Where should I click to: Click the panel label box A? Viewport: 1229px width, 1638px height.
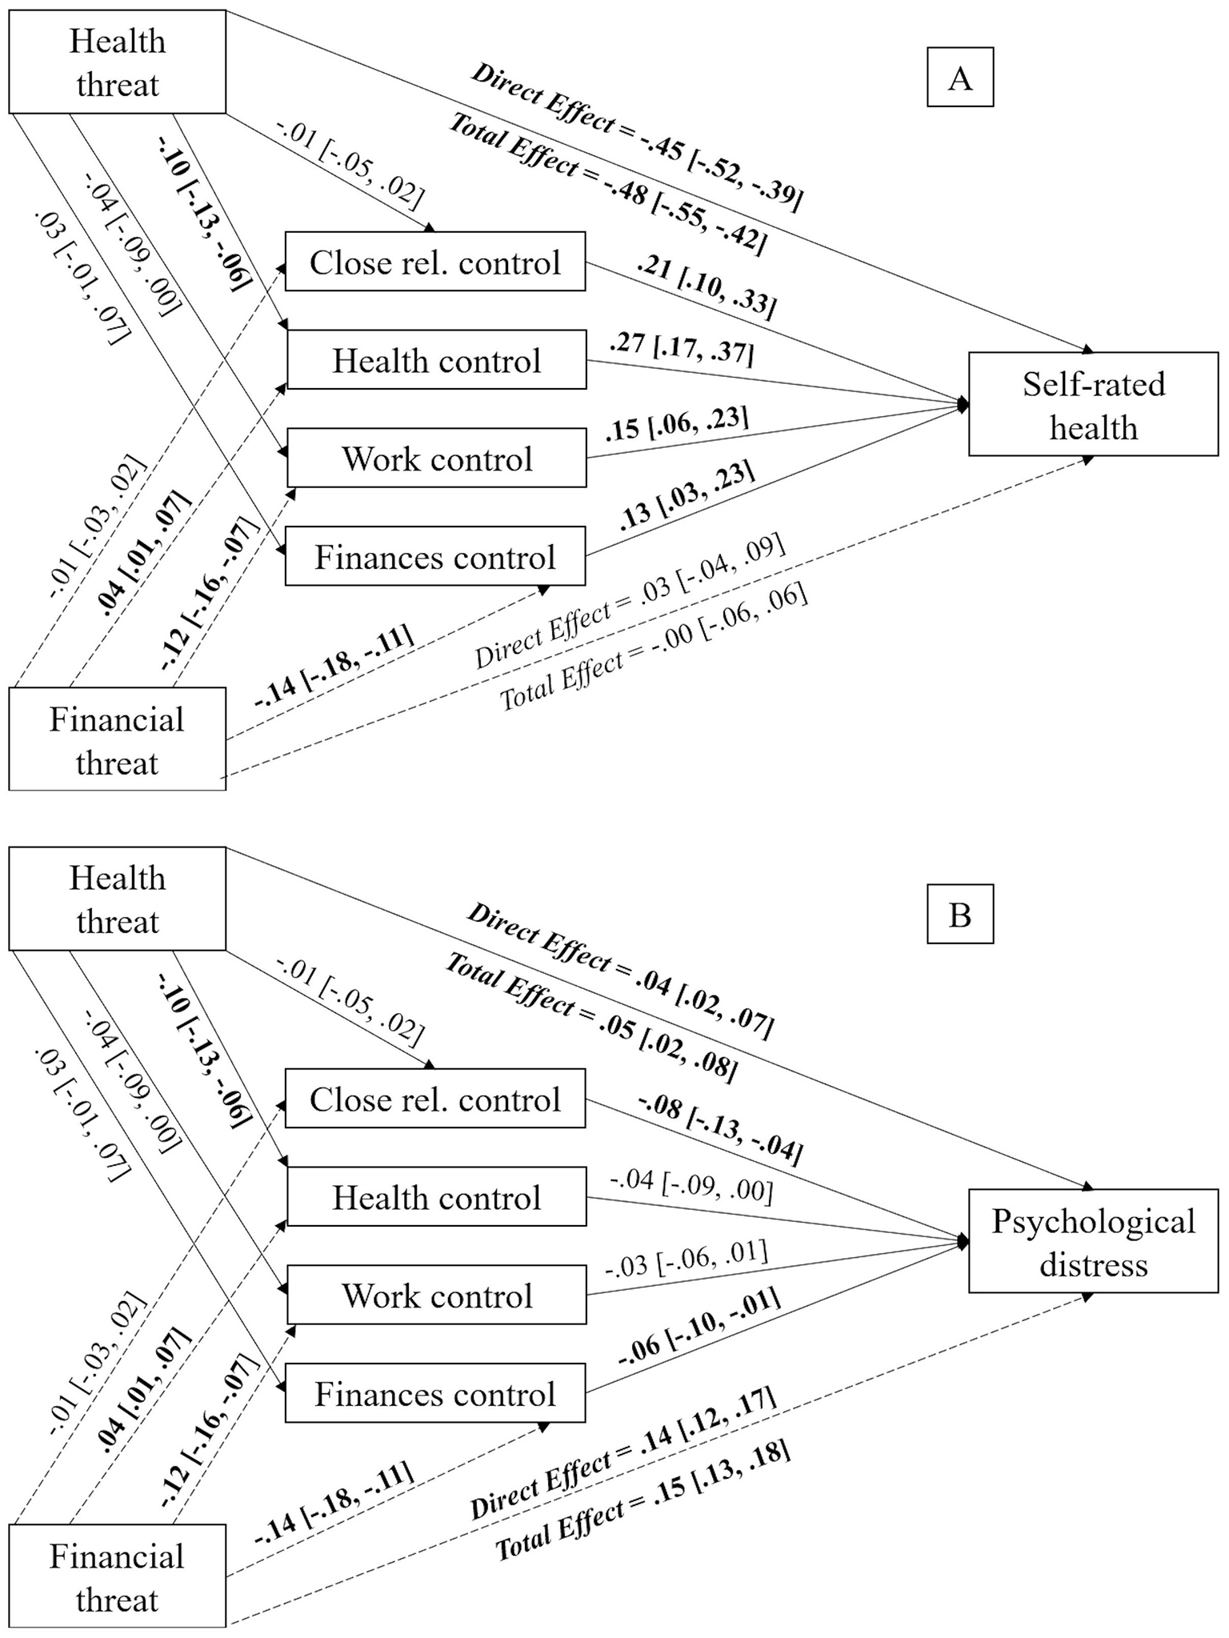pos(959,78)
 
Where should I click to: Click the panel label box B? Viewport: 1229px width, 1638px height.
pos(959,914)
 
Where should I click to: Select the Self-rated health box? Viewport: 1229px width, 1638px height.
pos(1093,405)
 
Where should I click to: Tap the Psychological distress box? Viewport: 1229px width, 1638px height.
pos(1093,1242)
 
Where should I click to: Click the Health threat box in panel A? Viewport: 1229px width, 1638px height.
pos(117,62)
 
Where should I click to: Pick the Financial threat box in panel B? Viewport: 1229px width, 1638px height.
pos(117,1577)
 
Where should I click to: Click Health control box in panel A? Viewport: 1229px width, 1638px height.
pos(436,361)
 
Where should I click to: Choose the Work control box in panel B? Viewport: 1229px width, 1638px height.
pos(436,1296)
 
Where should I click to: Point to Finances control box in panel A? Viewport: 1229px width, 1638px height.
pos(434,557)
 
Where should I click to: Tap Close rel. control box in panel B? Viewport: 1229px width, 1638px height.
pos(434,1099)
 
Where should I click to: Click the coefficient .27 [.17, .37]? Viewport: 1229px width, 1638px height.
pos(680,347)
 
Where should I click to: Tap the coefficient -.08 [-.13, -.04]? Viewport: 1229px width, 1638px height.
pos(719,1128)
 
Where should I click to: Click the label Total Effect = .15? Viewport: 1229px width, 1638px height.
pos(642,1500)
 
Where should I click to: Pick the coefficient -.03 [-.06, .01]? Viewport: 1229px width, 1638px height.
pos(687,1257)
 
